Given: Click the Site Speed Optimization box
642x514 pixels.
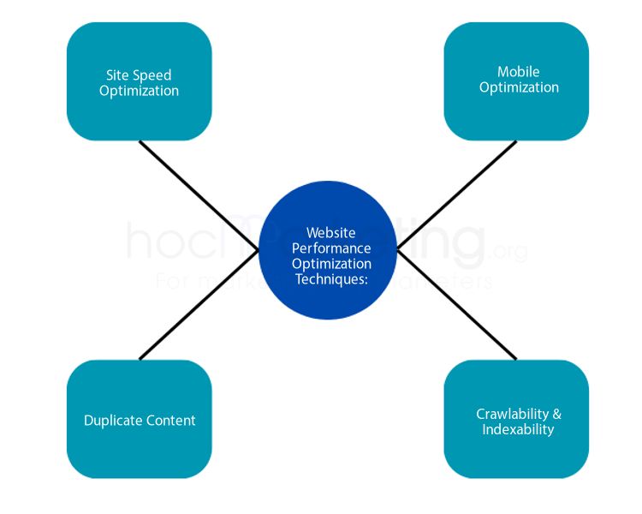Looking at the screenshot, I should [139, 81].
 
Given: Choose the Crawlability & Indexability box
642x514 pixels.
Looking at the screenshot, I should [516, 420].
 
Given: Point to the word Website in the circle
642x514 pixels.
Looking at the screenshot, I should [330, 233].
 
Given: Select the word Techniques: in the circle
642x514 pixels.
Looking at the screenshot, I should [331, 279].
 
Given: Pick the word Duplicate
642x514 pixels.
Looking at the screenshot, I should [114, 421].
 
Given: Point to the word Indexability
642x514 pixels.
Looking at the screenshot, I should [518, 429].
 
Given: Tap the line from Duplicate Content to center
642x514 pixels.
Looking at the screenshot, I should [199, 305].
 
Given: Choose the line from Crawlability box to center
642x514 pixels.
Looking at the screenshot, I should [457, 305].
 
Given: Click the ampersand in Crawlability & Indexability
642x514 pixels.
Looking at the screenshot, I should [557, 414].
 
